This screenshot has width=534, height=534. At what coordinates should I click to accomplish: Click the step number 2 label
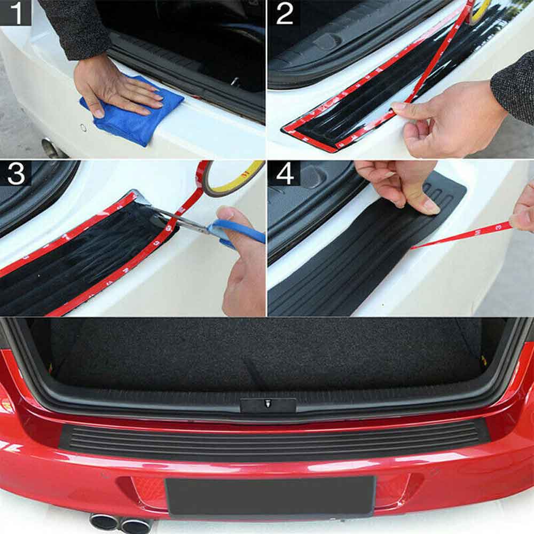(284, 13)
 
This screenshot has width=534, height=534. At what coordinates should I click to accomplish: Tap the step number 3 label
(15, 174)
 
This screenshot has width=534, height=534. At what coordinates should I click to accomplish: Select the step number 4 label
(284, 174)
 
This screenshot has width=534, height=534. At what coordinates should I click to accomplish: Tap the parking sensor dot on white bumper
(83, 128)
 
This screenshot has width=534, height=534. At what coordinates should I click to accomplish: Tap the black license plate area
(270, 497)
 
